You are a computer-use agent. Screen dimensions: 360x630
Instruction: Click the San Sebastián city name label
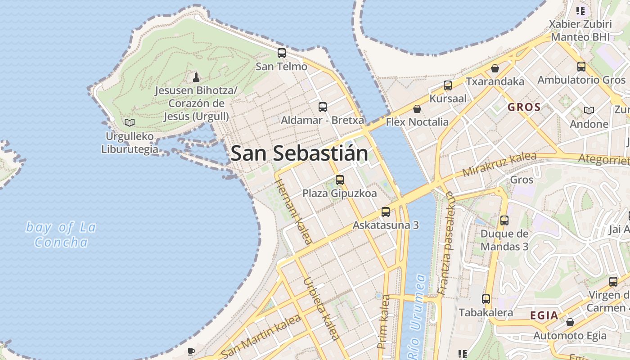click(299, 153)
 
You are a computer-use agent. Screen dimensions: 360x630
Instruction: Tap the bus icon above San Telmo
click(282, 53)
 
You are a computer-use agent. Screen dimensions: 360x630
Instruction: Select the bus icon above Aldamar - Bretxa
click(323, 107)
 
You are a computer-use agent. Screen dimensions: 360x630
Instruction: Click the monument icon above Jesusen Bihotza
click(196, 77)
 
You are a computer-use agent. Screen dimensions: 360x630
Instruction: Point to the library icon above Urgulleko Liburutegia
click(130, 122)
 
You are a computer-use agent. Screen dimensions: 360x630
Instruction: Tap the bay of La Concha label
click(61, 234)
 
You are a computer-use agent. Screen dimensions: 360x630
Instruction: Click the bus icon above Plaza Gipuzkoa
click(340, 180)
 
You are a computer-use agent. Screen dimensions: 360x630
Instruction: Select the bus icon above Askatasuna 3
click(386, 212)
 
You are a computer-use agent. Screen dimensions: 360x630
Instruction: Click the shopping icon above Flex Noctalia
click(417, 109)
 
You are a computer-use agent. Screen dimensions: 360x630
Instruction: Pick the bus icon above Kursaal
click(448, 85)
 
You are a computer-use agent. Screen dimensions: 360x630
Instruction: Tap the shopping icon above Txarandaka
click(495, 68)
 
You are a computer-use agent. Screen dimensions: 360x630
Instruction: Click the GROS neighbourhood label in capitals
click(524, 108)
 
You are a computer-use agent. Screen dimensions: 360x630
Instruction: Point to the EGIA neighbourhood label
click(544, 315)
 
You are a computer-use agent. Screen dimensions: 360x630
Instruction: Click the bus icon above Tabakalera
click(486, 299)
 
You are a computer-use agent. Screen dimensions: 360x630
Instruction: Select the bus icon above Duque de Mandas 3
click(504, 220)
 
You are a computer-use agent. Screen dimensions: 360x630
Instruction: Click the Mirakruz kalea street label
click(499, 165)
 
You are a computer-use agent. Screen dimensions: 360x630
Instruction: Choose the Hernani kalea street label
click(293, 211)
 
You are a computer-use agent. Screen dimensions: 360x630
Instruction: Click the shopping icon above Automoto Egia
click(570, 322)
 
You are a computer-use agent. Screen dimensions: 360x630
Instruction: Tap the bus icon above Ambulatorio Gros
click(581, 67)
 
